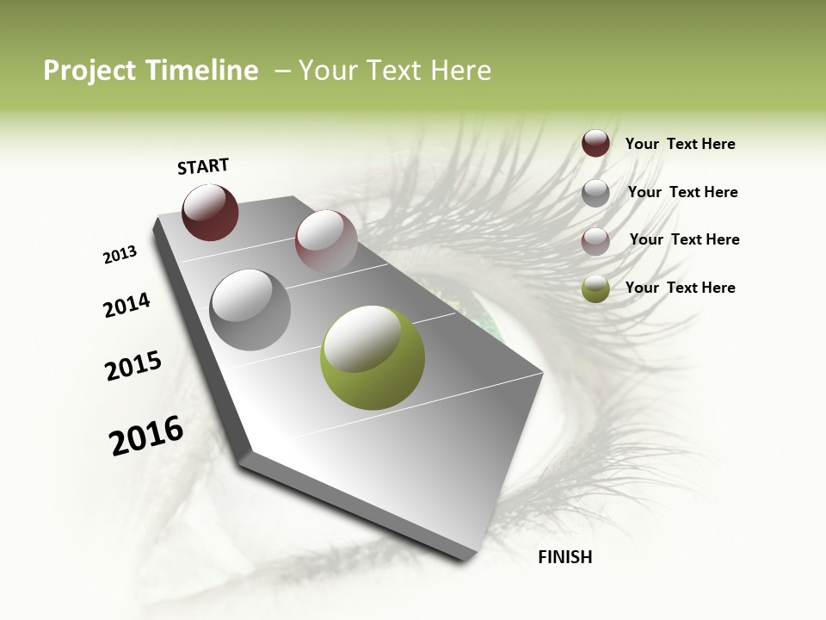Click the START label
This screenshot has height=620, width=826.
pyautogui.click(x=203, y=166)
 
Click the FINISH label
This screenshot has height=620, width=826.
pyautogui.click(x=564, y=557)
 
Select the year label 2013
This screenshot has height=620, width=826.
pyautogui.click(x=120, y=255)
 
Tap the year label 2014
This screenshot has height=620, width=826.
pyautogui.click(x=126, y=305)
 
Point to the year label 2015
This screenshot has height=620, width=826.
pyautogui.click(x=133, y=366)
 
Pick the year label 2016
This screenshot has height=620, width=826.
pyautogui.click(x=146, y=436)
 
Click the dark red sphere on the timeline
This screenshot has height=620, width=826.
pyautogui.click(x=210, y=213)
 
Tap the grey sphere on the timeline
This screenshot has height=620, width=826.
pyautogui.click(x=250, y=309)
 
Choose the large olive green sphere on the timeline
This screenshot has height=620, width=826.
pyautogui.click(x=372, y=357)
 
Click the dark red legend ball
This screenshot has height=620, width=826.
pyautogui.click(x=595, y=143)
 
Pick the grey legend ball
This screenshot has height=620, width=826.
pyautogui.click(x=595, y=192)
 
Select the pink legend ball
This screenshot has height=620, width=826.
pyautogui.click(x=595, y=240)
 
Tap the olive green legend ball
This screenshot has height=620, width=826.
pyautogui.click(x=595, y=288)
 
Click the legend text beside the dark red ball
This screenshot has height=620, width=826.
pyautogui.click(x=680, y=145)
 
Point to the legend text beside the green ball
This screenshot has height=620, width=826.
pyautogui.click(x=680, y=288)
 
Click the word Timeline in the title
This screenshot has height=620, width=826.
pyautogui.click(x=203, y=71)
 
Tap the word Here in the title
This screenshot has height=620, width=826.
pyautogui.click(x=459, y=71)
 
